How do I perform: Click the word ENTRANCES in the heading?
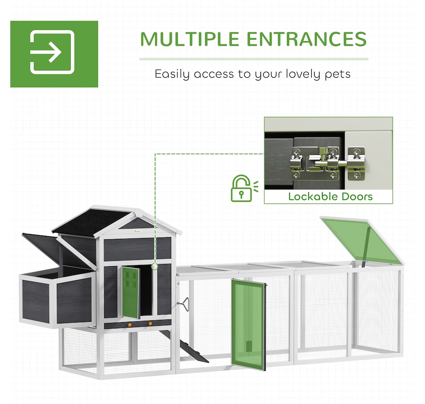click(306, 39)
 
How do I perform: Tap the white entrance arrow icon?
click(52, 52)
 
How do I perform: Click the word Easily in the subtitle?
click(172, 74)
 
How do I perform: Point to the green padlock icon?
click(241, 188)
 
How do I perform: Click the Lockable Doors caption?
click(331, 196)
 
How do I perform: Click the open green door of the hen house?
click(130, 292)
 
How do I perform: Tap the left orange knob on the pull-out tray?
click(130, 324)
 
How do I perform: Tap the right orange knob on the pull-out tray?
click(150, 323)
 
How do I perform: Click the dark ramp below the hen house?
click(183, 346)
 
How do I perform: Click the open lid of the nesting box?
click(59, 251)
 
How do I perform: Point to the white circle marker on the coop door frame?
click(155, 267)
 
